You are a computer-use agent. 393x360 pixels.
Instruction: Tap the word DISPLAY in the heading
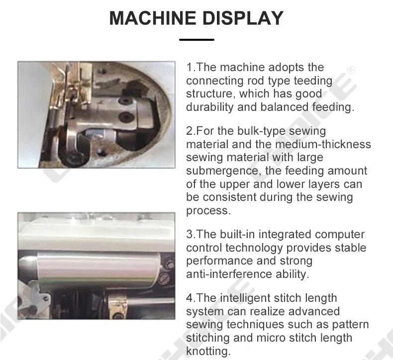click(x=239, y=18)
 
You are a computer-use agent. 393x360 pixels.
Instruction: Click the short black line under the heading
click(x=196, y=39)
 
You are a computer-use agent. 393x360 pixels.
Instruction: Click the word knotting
click(x=208, y=351)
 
